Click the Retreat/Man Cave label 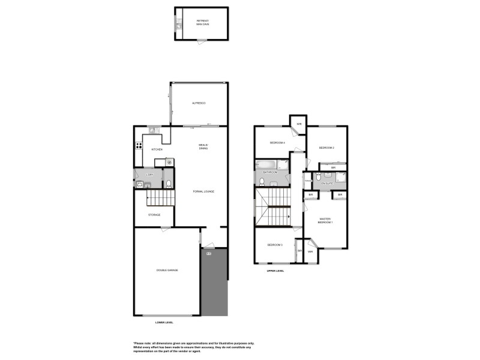tap(202, 22)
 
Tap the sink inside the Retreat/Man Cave tap(178, 25)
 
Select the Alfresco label tap(199, 104)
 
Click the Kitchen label tap(157, 149)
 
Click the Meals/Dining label tap(203, 146)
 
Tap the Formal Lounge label tap(203, 191)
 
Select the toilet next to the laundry tap(169, 184)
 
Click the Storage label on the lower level tap(154, 214)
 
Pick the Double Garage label tap(167, 271)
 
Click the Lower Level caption tap(164, 322)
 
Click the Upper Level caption tap(275, 271)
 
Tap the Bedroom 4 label tap(277, 143)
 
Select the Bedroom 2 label tap(326, 148)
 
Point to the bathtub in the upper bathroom tap(265, 164)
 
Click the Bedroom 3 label tap(275, 245)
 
